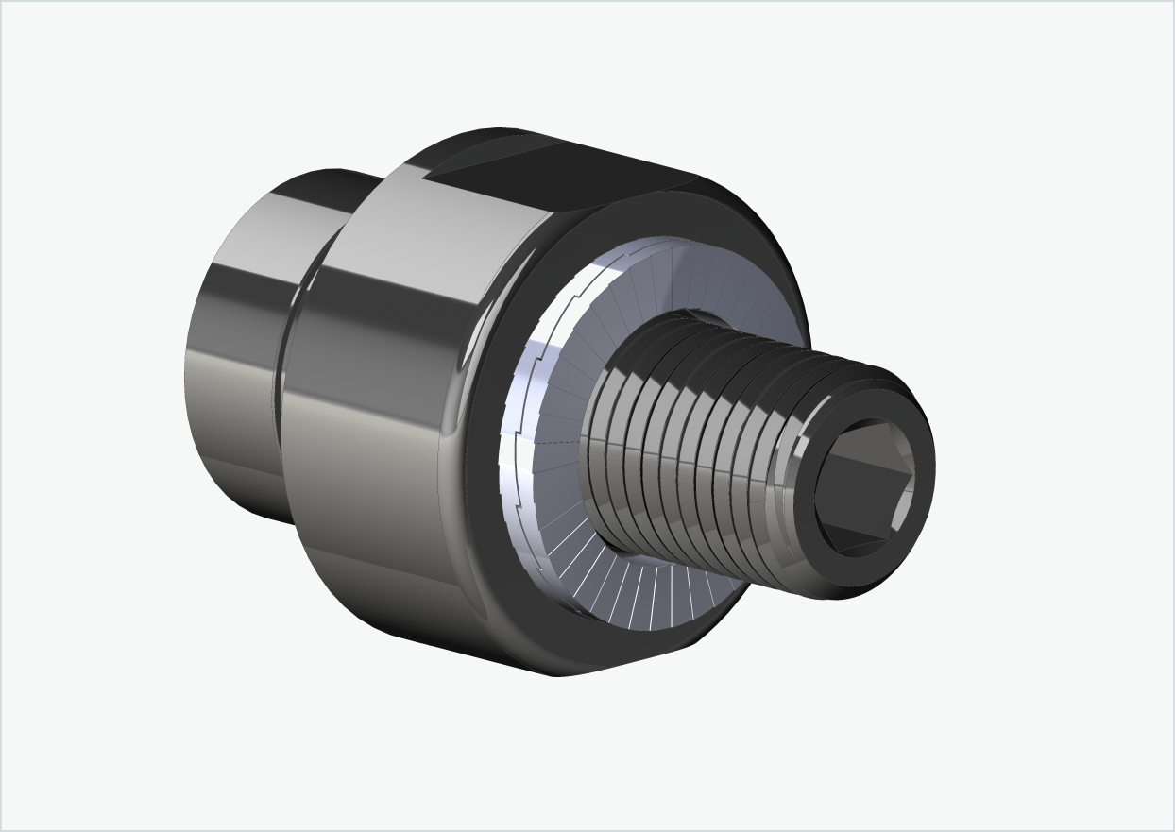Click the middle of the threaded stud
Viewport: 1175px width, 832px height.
699,444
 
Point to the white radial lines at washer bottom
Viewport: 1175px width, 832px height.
652,595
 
